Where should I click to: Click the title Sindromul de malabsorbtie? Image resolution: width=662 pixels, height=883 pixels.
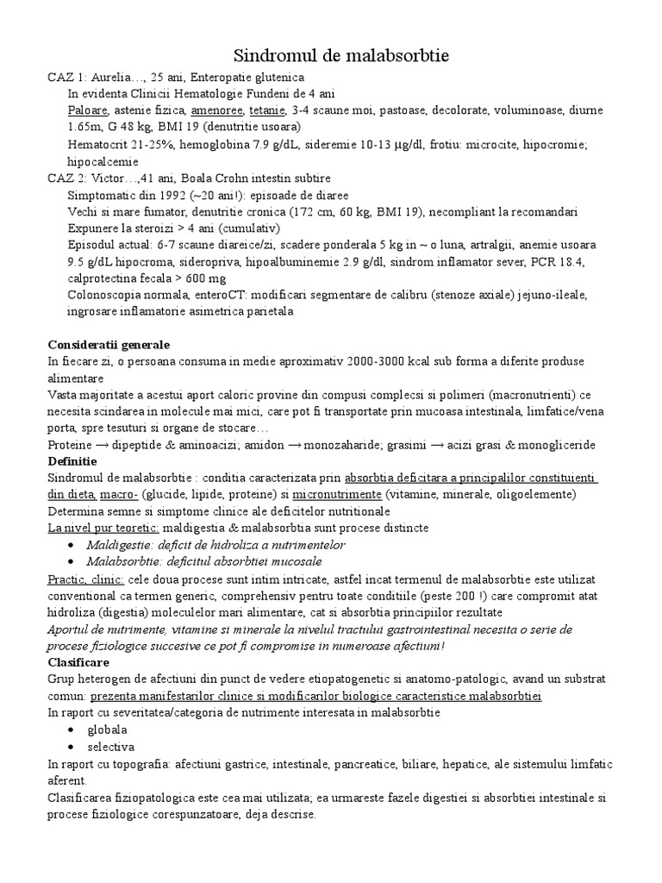coord(331,57)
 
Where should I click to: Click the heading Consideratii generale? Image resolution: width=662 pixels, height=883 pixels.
coord(109,345)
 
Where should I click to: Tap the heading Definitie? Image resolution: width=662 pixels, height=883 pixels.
coord(74,461)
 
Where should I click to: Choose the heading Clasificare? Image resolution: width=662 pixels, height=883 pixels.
coord(79,662)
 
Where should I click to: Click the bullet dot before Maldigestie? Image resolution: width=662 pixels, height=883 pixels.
coord(69,545)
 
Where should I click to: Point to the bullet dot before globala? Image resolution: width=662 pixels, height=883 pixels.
coord(69,730)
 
